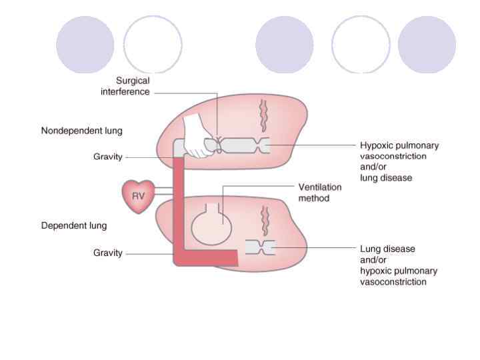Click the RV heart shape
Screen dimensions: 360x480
tap(138, 196)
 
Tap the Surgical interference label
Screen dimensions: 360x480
tap(125, 87)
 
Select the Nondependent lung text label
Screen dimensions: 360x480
tap(82, 131)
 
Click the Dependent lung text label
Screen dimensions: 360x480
tap(74, 225)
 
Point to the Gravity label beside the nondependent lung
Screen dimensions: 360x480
tap(107, 157)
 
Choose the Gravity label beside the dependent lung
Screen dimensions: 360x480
tap(107, 253)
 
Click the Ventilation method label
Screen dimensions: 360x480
tap(319, 193)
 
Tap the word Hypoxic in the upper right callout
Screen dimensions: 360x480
tap(376, 145)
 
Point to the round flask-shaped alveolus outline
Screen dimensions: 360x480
tap(210, 224)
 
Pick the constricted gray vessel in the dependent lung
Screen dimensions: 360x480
tap(260, 247)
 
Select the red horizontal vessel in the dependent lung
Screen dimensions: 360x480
tap(210, 257)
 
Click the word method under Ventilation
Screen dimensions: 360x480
tap(313, 198)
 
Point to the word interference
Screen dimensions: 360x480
tap(125, 92)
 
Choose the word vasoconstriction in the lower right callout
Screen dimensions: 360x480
tap(393, 282)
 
